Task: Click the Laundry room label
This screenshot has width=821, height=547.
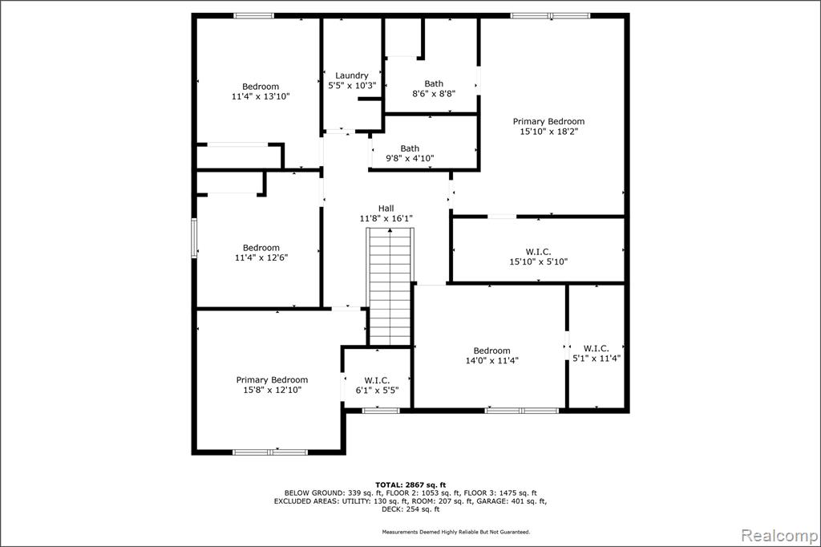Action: tap(352, 75)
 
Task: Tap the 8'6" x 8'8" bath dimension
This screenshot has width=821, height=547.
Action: tap(434, 94)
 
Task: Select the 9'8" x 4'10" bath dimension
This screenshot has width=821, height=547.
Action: tap(410, 158)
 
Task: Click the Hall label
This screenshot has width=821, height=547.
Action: tap(386, 208)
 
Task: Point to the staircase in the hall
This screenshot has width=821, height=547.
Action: tap(390, 286)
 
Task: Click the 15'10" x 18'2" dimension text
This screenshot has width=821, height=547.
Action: tap(548, 132)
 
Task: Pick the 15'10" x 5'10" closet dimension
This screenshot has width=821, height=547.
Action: tap(538, 261)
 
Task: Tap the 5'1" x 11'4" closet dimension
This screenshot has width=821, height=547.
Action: tap(596, 359)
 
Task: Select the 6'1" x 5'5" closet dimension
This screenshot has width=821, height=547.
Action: tap(377, 391)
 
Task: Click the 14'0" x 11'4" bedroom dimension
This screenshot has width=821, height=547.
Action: tap(491, 360)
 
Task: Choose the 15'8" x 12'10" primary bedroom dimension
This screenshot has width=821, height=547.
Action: tap(272, 390)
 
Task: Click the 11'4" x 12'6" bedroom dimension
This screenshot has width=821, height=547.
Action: tap(261, 257)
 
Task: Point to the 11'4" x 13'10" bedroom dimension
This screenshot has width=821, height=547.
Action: tap(261, 96)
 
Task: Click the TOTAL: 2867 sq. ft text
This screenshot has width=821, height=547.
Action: tap(410, 485)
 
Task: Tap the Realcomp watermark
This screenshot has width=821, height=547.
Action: tap(779, 536)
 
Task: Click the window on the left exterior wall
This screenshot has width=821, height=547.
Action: tap(194, 238)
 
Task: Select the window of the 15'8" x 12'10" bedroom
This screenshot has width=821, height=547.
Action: tap(270, 452)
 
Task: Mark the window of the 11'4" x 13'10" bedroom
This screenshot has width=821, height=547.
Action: tap(254, 16)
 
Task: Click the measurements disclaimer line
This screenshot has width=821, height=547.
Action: tap(455, 532)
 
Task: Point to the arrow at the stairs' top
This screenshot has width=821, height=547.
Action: tap(390, 230)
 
